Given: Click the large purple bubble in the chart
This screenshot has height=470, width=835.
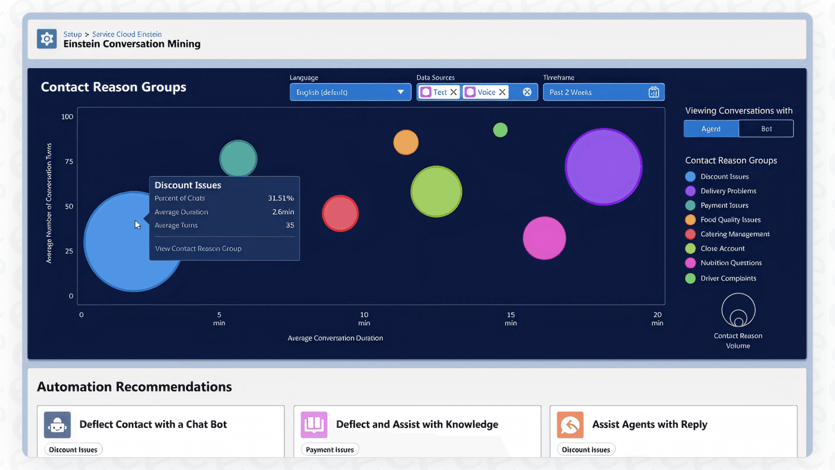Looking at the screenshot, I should point(603,167).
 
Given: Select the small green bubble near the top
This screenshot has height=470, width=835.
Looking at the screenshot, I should point(500,130).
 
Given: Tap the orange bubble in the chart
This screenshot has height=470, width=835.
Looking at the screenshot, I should point(406,142).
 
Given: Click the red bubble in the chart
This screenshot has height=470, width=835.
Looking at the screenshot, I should point(340,213).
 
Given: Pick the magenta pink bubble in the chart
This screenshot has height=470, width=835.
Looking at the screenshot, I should point(544,238).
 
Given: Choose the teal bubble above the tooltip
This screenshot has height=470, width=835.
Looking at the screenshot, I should point(238,158).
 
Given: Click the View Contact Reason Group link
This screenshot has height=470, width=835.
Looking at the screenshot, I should point(198,248).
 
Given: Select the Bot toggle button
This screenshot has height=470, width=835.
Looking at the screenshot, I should point(766,129).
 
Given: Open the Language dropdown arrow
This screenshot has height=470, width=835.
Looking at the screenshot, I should point(400,92).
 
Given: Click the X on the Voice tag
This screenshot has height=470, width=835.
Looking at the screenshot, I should point(502,92).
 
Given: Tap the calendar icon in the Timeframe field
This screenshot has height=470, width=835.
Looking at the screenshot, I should point(654,92).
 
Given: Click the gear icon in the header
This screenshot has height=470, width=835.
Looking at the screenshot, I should point(47,39).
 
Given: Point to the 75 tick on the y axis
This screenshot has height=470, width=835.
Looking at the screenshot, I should point(69,161).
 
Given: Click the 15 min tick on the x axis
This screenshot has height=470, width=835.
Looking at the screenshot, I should point(510,318).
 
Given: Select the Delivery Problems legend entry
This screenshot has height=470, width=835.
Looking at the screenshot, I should point(728,191).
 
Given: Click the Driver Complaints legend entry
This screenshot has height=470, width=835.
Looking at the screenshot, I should point(728,278).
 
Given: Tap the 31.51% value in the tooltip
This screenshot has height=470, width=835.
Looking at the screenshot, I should point(281,198).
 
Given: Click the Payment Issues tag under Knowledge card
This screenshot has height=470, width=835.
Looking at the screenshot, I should point(330,450).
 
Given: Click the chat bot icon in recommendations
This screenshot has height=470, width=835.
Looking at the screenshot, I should point(57,425).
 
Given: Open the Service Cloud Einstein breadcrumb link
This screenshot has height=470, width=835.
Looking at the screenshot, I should point(127,34).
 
